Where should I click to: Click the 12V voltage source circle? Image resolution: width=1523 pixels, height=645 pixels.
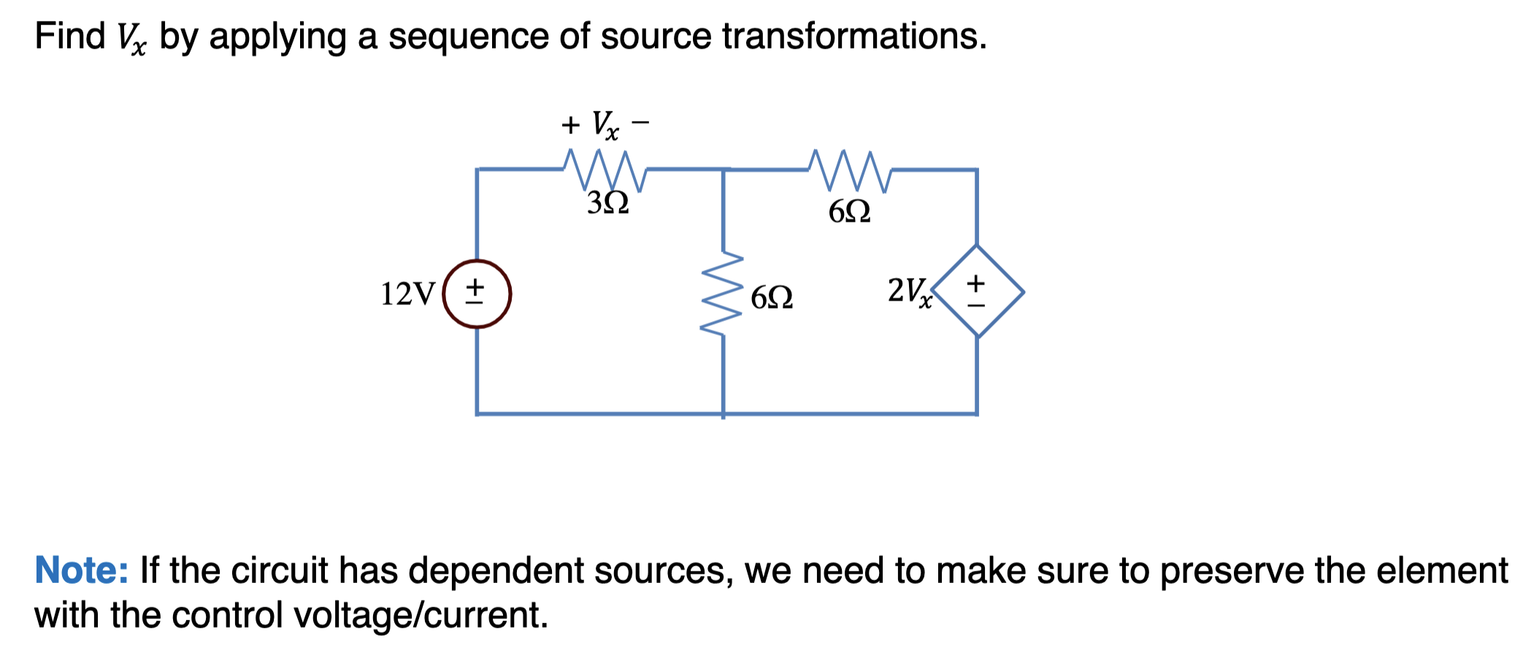(477, 293)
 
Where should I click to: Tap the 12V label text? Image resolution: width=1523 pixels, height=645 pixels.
(407, 294)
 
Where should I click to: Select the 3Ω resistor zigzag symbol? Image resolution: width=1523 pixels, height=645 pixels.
(605, 170)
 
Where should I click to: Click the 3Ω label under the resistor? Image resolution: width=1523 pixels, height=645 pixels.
(607, 203)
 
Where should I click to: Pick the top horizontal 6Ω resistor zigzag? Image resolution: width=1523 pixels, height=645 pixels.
(850, 171)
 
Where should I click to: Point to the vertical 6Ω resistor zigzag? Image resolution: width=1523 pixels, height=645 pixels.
(723, 294)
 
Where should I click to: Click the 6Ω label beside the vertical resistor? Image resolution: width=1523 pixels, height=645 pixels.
(772, 298)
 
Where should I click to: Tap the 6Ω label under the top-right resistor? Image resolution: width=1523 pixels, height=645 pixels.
(849, 212)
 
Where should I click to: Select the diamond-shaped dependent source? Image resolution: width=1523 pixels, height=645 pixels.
(977, 291)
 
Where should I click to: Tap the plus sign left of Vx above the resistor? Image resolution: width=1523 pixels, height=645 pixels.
(570, 125)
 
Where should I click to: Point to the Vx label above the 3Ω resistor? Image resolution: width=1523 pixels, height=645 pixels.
(605, 125)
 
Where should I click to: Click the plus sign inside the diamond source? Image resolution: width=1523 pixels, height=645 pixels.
(976, 281)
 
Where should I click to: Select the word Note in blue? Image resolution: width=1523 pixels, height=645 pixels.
(81, 570)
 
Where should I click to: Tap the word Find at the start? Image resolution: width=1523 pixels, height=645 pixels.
(69, 36)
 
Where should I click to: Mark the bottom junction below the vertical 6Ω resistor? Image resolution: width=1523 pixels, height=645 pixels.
(723, 414)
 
